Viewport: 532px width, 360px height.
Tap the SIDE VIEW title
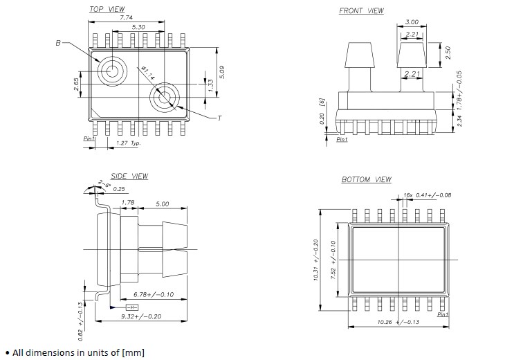(x=129, y=177)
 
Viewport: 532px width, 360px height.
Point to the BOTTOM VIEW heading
(x=366, y=180)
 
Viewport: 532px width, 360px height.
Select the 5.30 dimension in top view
(x=140, y=26)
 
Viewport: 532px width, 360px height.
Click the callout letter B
(x=58, y=43)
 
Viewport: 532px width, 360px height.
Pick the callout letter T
(x=220, y=118)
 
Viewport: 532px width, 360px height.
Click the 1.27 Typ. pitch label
(x=128, y=143)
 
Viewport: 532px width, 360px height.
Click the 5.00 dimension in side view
(x=163, y=204)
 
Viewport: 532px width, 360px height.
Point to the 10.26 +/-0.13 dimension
(x=397, y=323)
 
